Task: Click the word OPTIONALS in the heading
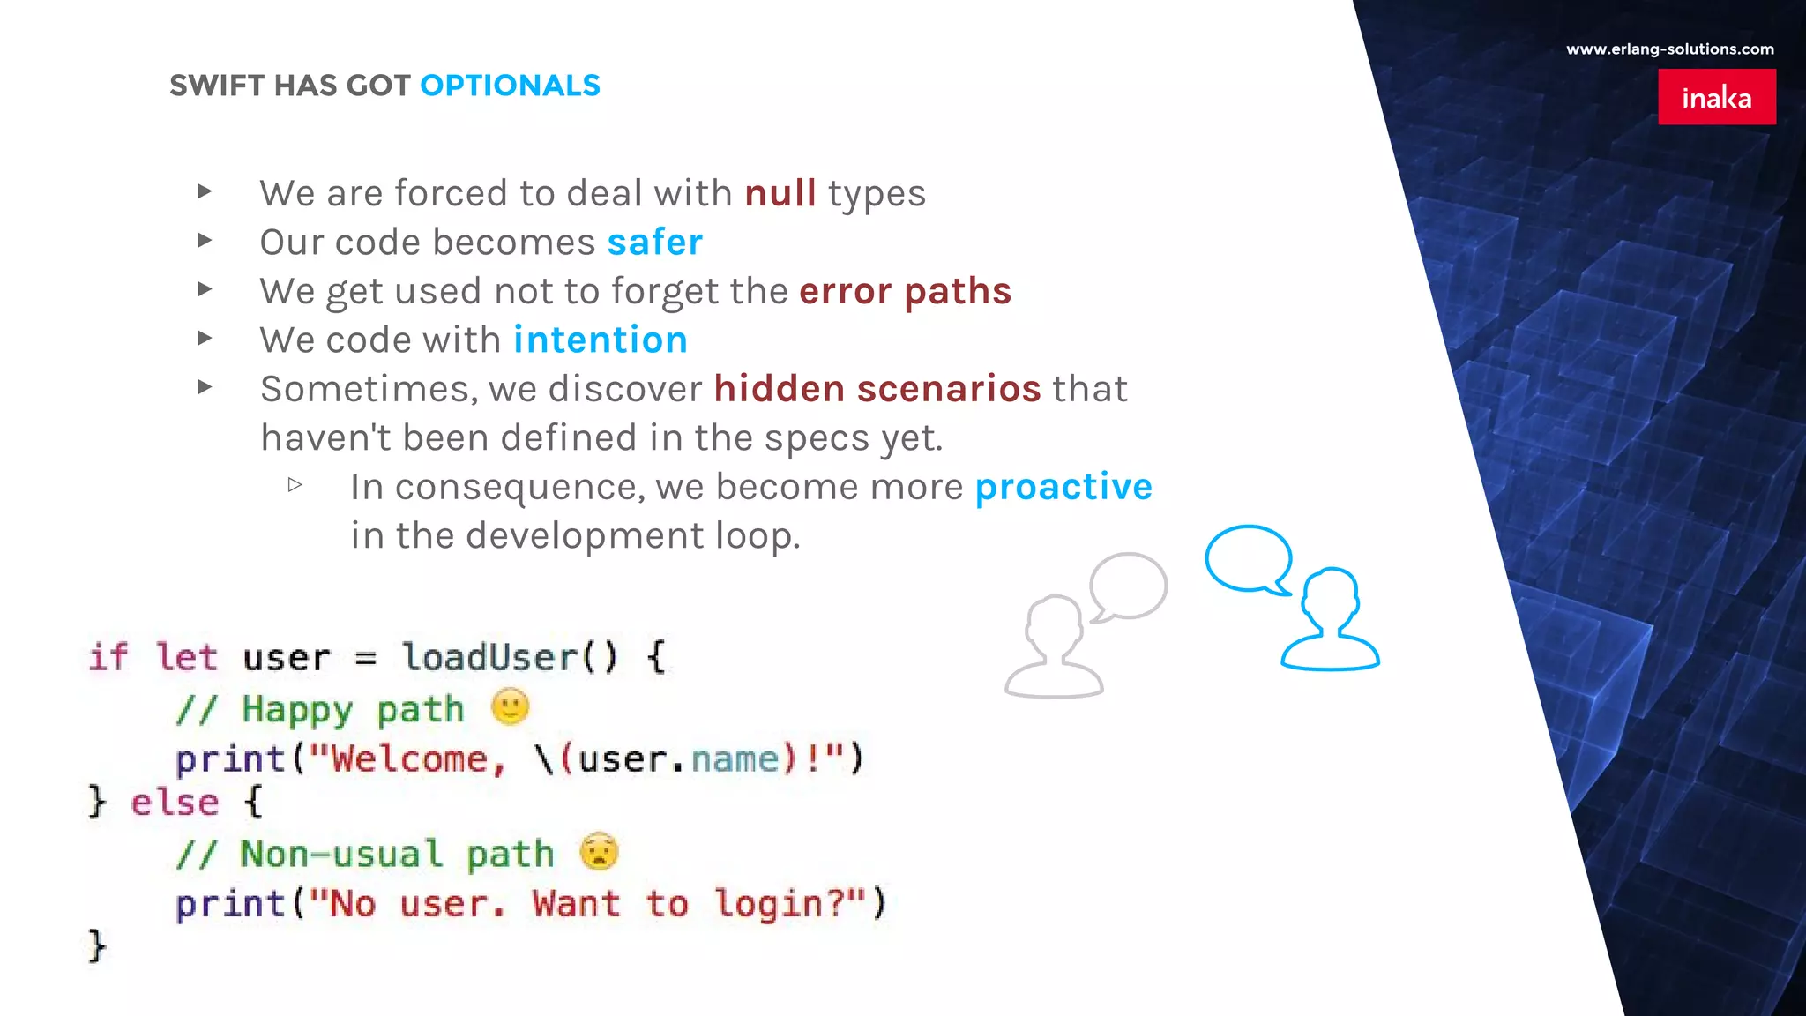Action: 510,86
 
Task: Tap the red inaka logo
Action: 1716,97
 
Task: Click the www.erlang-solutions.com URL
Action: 1669,49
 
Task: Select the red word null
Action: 780,193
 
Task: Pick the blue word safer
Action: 654,243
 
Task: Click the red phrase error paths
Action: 905,291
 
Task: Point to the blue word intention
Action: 600,340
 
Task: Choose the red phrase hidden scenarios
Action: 877,389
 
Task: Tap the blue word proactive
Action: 1063,487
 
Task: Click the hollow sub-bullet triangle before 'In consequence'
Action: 295,484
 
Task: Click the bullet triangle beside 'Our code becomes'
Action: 205,240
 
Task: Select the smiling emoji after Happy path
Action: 510,706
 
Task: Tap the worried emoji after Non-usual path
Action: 600,852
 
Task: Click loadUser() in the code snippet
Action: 509,657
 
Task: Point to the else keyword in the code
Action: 175,803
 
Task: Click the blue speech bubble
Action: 1249,560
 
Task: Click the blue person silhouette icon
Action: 1330,622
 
